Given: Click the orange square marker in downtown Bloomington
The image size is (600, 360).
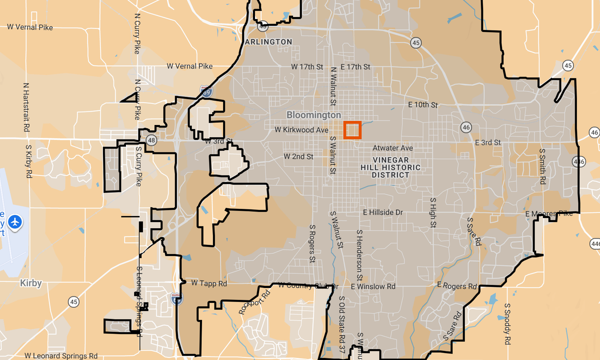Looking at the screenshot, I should (x=352, y=129).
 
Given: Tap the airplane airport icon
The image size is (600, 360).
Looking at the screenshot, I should (x=15, y=221).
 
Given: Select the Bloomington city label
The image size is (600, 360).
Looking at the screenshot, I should (x=313, y=115).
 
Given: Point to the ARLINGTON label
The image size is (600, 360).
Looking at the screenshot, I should (x=268, y=42).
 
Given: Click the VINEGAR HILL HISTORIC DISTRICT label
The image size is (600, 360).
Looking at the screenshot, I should (x=390, y=167).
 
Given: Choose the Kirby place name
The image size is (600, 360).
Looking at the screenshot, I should (x=30, y=283).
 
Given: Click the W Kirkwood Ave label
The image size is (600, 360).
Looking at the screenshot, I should (x=301, y=130).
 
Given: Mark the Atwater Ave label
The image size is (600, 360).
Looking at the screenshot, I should (x=392, y=148).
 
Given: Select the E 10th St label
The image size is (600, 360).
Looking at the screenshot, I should (x=423, y=105).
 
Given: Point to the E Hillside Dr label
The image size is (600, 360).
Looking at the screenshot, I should (x=383, y=212).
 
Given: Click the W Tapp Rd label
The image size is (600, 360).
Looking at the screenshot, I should (x=209, y=283).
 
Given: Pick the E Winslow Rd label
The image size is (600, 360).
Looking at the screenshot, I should (x=373, y=286).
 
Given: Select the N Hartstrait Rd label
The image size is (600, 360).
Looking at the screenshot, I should (x=26, y=107).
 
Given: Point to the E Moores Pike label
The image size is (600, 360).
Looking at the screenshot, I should (x=549, y=214).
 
